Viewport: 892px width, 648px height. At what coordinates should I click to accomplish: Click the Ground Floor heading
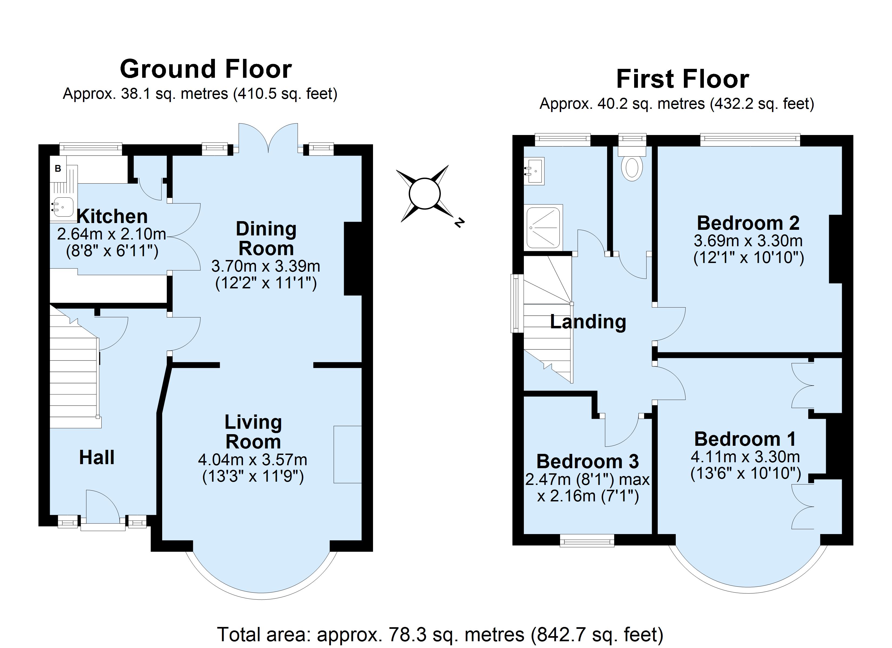[206, 69]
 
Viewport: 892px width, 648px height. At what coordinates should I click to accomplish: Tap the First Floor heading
[682, 79]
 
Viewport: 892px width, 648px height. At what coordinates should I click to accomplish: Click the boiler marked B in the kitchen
[58, 168]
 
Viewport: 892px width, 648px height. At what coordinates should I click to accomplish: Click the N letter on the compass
[459, 222]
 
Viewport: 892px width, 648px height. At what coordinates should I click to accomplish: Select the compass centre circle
[424, 193]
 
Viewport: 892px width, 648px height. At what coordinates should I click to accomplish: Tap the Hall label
[97, 457]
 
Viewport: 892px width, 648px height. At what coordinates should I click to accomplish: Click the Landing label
[588, 322]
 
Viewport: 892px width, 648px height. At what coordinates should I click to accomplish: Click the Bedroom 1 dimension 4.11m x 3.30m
[745, 457]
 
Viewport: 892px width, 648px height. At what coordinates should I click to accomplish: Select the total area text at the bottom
[441, 634]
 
